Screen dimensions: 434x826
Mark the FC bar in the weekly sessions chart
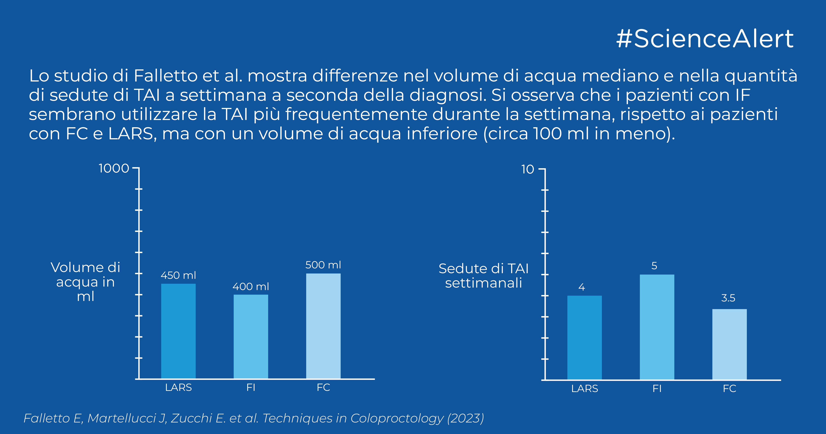coord(730,344)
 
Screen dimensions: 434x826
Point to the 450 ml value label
coord(178,275)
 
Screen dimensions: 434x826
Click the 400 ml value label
coord(251,286)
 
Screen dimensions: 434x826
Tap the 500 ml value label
coord(323,265)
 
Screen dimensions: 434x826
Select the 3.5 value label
coord(728,298)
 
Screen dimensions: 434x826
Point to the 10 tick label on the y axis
coord(528,169)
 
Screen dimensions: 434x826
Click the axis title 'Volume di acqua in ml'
coord(85,282)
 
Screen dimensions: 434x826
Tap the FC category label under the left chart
coord(323,388)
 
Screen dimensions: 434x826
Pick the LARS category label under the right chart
coord(585,389)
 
